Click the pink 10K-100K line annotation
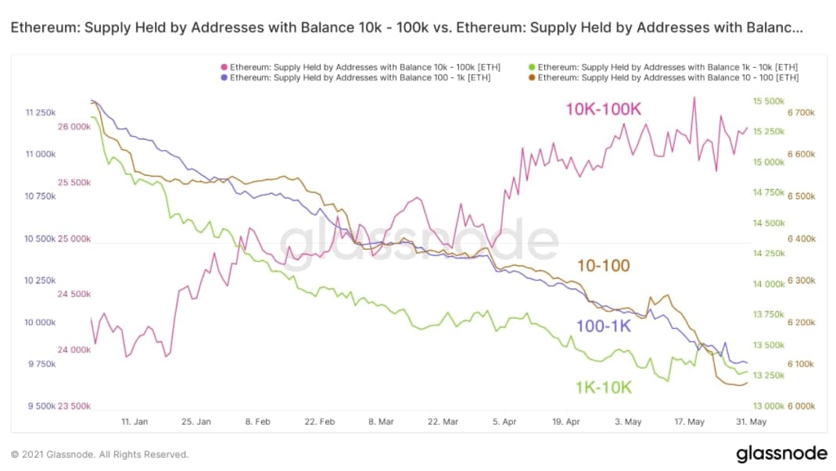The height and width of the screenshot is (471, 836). click(x=602, y=109)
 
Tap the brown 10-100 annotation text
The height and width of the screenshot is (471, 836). click(x=603, y=266)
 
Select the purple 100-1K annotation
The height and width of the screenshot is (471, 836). click(x=603, y=326)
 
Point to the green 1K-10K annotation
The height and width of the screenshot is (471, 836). click(x=603, y=387)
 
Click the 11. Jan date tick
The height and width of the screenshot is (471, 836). click(x=135, y=422)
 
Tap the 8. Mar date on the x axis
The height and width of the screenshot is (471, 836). click(x=381, y=422)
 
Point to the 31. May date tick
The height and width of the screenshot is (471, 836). click(x=752, y=422)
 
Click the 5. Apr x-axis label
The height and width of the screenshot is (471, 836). click(x=505, y=422)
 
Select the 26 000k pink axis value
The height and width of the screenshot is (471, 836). click(x=74, y=127)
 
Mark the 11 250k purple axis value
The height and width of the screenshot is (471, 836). click(x=41, y=113)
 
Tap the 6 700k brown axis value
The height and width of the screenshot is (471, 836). click(x=801, y=112)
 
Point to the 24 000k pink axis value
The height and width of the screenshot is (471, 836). click(x=74, y=350)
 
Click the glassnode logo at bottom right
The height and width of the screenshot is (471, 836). click(x=781, y=454)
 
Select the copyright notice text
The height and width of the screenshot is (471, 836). click(x=99, y=454)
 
